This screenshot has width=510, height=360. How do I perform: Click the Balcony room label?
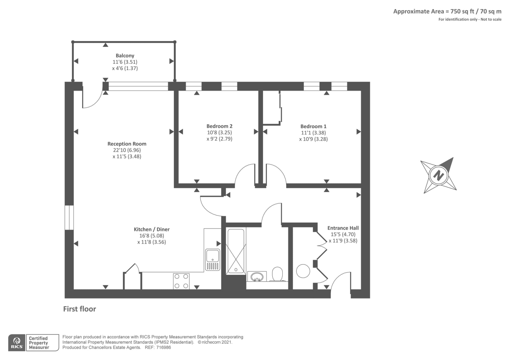125,56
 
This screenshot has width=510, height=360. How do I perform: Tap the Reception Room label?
127,144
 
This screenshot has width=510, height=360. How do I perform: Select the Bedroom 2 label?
219,126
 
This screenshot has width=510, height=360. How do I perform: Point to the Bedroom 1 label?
313,126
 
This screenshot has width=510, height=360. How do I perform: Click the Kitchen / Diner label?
152,229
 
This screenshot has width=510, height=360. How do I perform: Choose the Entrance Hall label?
343,228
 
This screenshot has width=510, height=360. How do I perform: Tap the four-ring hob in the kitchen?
181,281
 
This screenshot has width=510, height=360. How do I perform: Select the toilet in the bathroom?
277,274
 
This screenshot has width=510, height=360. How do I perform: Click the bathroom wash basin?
257,277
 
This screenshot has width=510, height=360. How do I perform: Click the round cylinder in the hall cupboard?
303,271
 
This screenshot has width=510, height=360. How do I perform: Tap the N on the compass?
439,176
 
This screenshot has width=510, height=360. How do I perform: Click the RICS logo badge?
17,343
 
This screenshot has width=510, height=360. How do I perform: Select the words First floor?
79,309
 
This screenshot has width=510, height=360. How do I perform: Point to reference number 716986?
164,348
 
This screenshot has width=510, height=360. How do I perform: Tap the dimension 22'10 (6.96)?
127,150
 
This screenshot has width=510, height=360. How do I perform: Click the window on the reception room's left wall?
69,218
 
